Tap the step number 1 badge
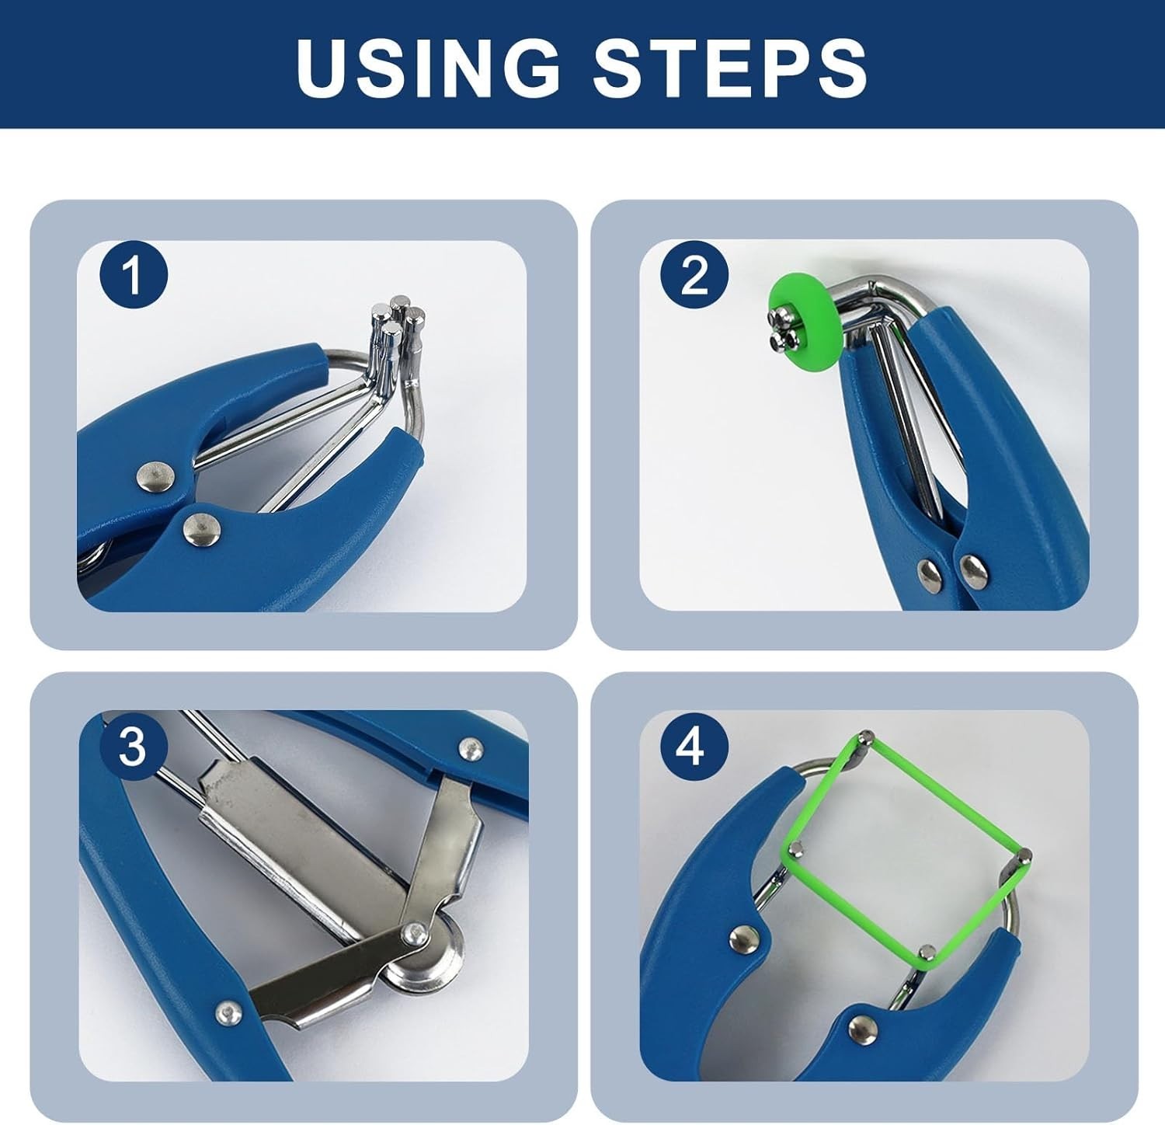click(134, 275)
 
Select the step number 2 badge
click(694, 275)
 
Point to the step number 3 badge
click(134, 746)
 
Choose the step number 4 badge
click(694, 746)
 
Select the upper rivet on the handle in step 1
click(155, 477)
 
